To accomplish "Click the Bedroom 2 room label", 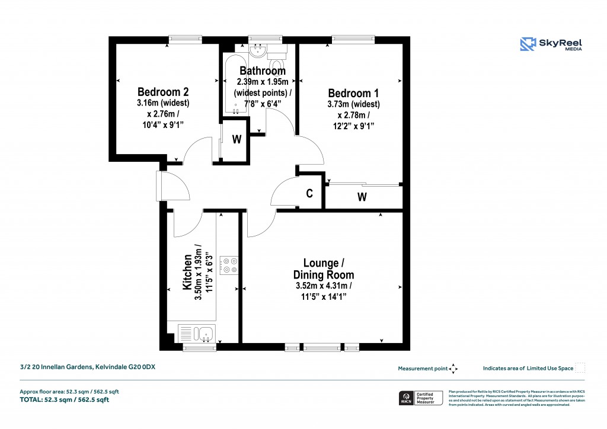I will [163, 92].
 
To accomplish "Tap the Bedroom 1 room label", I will [354, 93].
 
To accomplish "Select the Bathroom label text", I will [263, 71].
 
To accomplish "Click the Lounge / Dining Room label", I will [324, 268].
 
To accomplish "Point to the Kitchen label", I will [187, 273].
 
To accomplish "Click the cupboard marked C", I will [309, 193].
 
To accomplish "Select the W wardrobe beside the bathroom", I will [237, 140].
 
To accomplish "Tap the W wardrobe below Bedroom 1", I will [362, 197].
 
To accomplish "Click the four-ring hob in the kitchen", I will [229, 265].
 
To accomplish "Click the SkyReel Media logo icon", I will [528, 45].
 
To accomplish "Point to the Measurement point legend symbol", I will [453, 369].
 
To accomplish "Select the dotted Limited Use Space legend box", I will [580, 368].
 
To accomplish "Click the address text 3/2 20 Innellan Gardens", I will [88, 367].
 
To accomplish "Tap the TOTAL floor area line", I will [65, 399].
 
